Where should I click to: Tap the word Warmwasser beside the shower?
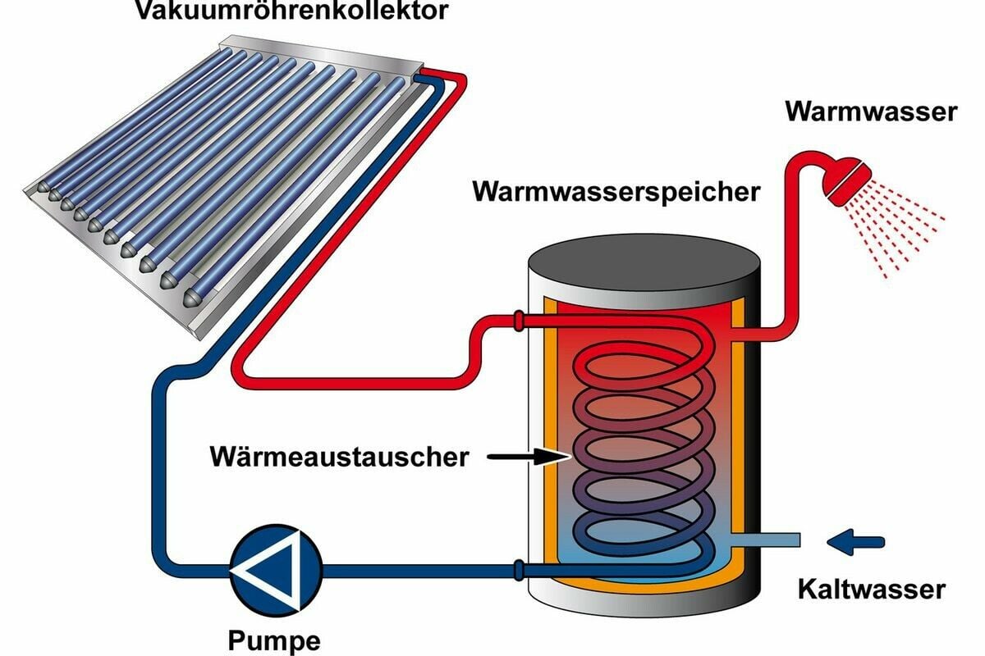(871, 112)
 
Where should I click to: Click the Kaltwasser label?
(871, 589)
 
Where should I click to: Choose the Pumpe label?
(275, 638)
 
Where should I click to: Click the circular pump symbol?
(276, 567)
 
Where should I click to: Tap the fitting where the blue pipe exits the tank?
(518, 567)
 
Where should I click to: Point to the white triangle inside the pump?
(268, 567)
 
